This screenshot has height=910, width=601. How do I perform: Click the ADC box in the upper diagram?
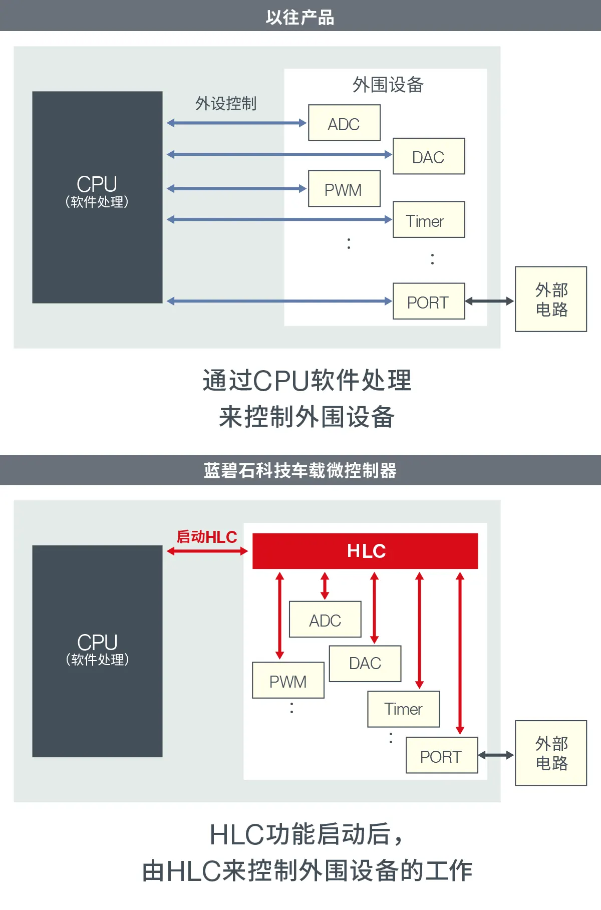pyautogui.click(x=344, y=123)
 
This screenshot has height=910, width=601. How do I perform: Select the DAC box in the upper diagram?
pyautogui.click(x=429, y=156)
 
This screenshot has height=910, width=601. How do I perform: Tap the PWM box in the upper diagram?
pyautogui.click(x=344, y=189)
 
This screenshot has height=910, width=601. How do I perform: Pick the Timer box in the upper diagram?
pyautogui.click(x=429, y=220)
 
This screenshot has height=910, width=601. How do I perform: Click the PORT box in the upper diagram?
pyautogui.click(x=429, y=301)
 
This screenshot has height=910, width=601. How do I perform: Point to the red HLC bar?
pyautogui.click(x=365, y=551)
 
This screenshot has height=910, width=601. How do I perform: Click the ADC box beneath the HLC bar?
pyautogui.click(x=325, y=620)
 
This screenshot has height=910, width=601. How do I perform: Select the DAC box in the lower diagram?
pyautogui.click(x=365, y=664)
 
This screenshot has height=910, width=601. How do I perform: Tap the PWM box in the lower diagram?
pyautogui.click(x=288, y=681)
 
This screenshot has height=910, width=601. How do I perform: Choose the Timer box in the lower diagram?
pyautogui.click(x=403, y=709)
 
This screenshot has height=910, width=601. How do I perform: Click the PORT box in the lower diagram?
pyautogui.click(x=441, y=755)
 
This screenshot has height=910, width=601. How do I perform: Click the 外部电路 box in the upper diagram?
pyautogui.click(x=551, y=299)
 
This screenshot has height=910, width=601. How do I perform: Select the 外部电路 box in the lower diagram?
pyautogui.click(x=551, y=753)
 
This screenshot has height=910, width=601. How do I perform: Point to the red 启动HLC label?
pyautogui.click(x=207, y=537)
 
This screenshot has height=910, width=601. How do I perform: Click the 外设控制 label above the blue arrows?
pyautogui.click(x=226, y=104)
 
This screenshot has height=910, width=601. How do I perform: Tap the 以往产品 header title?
pyautogui.click(x=300, y=17)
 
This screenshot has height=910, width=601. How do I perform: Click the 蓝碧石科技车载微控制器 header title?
pyautogui.click(x=300, y=470)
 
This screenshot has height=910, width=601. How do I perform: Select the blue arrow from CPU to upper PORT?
pyautogui.click(x=279, y=301)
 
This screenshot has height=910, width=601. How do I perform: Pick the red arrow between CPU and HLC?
pyautogui.click(x=207, y=551)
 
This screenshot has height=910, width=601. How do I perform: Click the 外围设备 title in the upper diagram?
pyautogui.click(x=388, y=85)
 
